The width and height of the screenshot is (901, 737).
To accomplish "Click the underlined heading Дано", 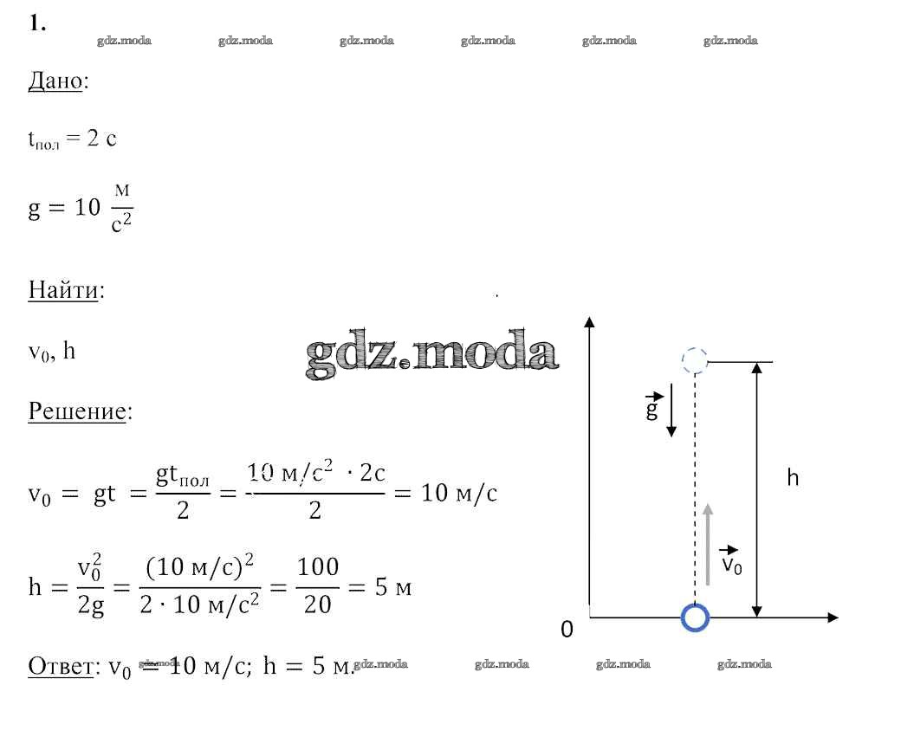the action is coord(55,81).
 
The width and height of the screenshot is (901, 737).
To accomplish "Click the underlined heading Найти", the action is coord(63,289).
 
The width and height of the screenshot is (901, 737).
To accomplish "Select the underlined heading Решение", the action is coord(77,411).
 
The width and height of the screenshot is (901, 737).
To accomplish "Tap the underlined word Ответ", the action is coord(61,666).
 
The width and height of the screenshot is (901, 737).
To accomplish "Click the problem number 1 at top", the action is coord(36,23).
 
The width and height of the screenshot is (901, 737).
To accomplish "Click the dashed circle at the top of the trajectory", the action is coord(695,361).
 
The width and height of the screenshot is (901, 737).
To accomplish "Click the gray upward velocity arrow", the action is coord(708,545).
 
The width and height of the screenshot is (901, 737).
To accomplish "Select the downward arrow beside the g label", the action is coord(671,416).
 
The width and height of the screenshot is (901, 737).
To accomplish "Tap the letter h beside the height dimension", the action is coord(793,477).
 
